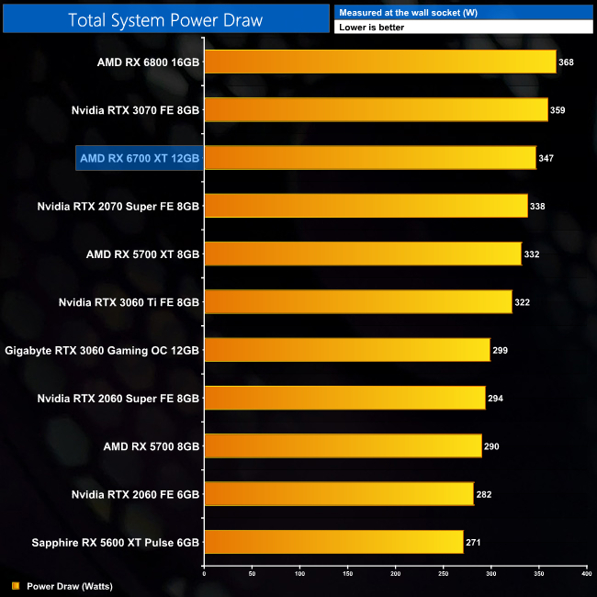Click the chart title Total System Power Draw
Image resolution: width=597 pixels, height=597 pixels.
(165, 18)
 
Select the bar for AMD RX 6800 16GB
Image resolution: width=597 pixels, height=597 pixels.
(379, 62)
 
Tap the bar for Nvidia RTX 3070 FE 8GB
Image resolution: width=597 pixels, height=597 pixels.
(376, 110)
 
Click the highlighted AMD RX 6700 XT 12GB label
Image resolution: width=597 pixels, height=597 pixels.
(140, 158)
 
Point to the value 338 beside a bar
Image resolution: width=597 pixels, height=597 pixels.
(537, 207)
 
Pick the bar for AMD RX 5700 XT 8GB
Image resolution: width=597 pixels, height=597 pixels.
(363, 253)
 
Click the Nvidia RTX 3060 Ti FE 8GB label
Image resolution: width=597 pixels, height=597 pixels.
(129, 301)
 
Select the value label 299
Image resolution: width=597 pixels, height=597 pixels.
(500, 350)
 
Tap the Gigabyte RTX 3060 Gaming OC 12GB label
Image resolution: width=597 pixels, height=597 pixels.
(102, 350)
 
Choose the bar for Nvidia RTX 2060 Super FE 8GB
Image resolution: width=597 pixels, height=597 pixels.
(344, 398)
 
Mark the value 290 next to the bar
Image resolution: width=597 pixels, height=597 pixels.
(491, 445)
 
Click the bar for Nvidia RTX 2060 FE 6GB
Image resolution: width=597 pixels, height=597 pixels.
(339, 493)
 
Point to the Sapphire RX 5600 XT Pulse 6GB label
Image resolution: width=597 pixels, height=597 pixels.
(102, 541)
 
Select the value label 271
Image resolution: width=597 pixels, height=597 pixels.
(473, 542)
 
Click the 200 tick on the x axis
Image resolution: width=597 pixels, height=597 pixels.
(395, 574)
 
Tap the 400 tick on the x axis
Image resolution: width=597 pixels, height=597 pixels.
(586, 574)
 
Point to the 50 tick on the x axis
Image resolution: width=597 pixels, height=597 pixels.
(252, 574)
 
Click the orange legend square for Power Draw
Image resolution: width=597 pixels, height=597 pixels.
(16, 585)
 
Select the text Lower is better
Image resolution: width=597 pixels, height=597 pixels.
(371, 28)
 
